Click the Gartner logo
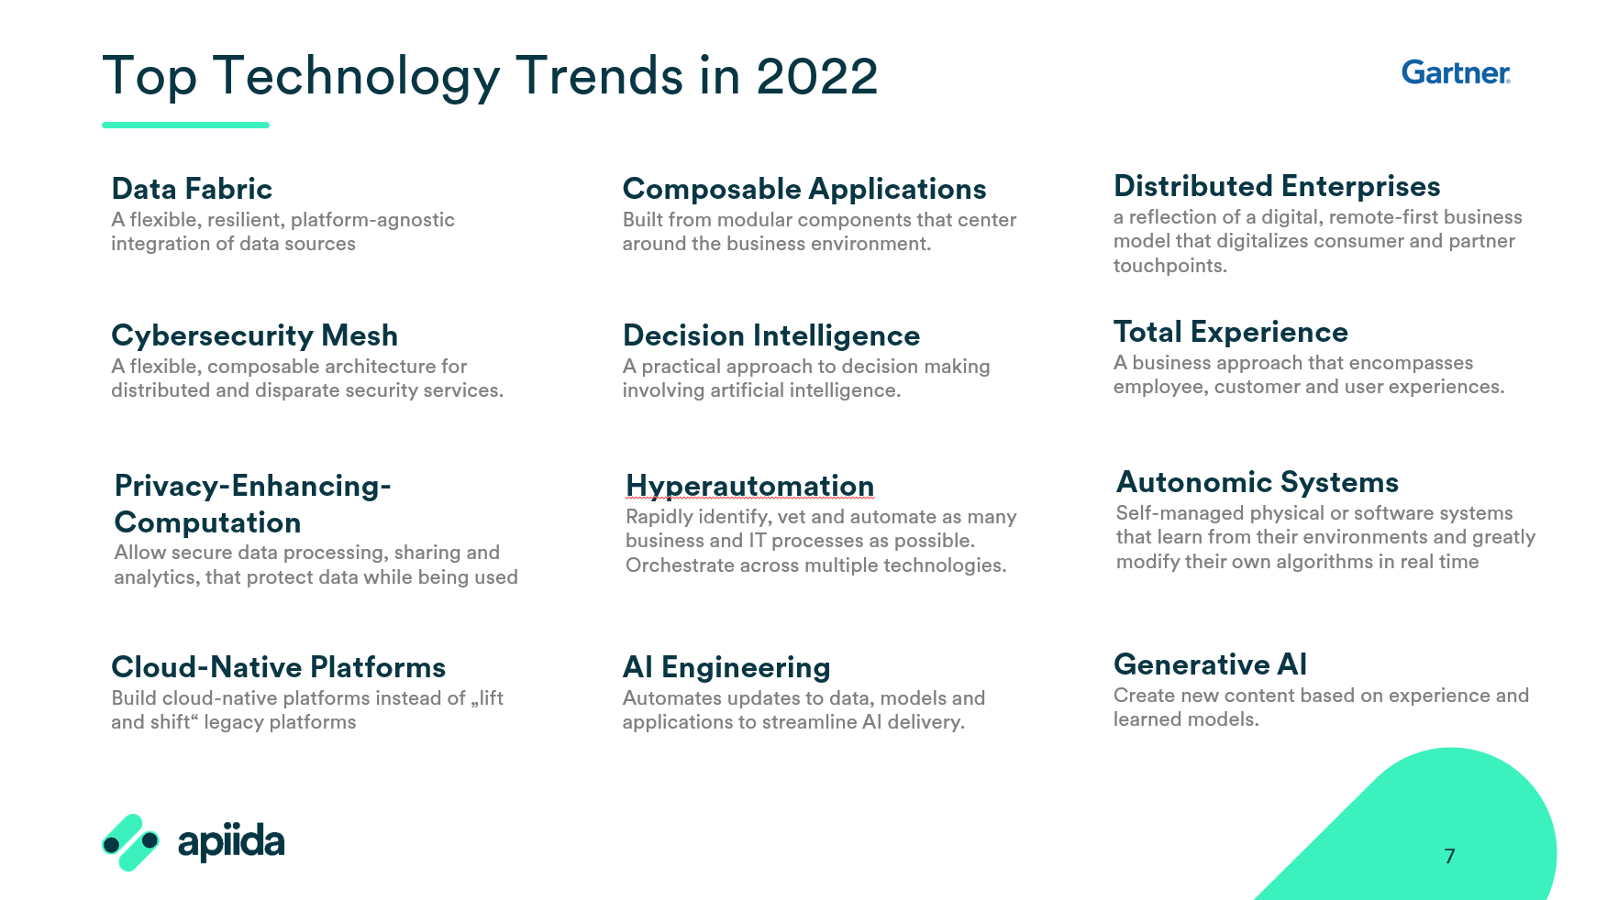click(1456, 72)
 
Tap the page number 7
click(1449, 856)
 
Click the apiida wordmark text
click(231, 841)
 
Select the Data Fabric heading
click(192, 189)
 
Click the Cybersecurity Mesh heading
click(254, 335)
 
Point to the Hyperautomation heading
click(749, 486)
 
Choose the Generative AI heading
click(1210, 664)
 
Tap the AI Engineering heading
click(726, 667)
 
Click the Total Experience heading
click(1231, 333)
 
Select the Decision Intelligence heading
click(771, 335)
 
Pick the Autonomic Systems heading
click(1258, 482)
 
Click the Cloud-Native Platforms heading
click(278, 667)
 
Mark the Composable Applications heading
click(804, 189)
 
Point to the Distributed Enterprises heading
click(1277, 186)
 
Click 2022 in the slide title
click(817, 75)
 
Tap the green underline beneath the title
click(185, 125)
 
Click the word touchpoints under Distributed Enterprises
click(1170, 266)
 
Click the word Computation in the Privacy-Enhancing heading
click(207, 522)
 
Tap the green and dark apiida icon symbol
click(129, 842)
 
